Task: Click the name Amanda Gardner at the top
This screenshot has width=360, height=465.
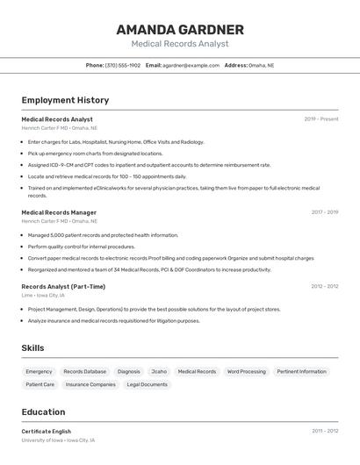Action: (180, 30)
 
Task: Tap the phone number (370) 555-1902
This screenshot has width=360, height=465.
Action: (122, 66)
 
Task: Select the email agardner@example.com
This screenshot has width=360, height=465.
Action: (191, 66)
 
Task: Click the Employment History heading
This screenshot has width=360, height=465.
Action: (65, 100)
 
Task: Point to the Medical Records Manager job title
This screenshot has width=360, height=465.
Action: (59, 212)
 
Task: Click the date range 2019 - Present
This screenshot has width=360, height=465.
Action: (321, 119)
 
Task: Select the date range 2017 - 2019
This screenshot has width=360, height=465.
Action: (324, 212)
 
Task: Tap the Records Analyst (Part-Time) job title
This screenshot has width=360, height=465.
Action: (63, 287)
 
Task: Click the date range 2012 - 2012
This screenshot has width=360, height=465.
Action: (324, 287)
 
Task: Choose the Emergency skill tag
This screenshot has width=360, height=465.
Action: (39, 371)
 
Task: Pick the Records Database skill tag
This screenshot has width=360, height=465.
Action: (84, 371)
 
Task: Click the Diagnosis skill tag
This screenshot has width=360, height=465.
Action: (128, 371)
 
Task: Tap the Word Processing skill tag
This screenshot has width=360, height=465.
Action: (246, 371)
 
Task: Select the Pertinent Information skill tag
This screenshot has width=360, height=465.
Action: (301, 371)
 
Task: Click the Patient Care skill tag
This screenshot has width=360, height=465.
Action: (40, 384)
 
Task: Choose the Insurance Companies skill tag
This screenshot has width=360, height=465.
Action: (90, 384)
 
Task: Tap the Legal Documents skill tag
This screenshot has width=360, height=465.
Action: (147, 384)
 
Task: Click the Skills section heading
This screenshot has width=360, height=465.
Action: (33, 348)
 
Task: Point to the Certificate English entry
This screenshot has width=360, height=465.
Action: (46, 432)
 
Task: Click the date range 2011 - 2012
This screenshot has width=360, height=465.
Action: (324, 432)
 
